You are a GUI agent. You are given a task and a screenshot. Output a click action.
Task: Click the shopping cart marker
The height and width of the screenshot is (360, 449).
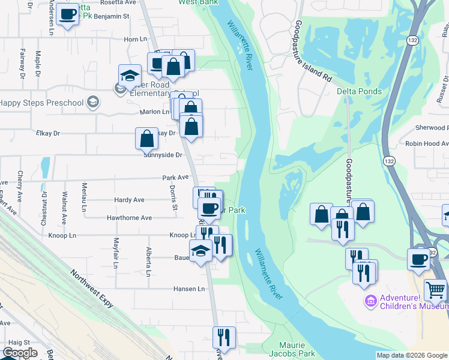pyautogui.click(x=435, y=290)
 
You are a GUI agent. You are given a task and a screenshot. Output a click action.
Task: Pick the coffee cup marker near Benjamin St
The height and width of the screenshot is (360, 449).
pyautogui.click(x=68, y=14)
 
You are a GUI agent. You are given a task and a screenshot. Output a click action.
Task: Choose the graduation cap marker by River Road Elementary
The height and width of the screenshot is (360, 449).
pyautogui.click(x=130, y=76)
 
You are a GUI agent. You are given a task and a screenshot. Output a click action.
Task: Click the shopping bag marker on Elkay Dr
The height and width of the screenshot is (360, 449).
pyautogui.click(x=147, y=139)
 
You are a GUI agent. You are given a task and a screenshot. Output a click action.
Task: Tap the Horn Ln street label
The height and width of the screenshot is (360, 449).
pyautogui.click(x=135, y=39)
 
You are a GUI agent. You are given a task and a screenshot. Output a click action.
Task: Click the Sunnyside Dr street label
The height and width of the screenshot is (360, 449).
pyautogui.click(x=163, y=155)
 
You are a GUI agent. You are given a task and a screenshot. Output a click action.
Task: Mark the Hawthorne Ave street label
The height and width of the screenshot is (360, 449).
pyautogui.click(x=129, y=218)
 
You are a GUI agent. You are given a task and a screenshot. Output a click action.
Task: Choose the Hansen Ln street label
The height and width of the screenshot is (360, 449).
pyautogui.click(x=189, y=289)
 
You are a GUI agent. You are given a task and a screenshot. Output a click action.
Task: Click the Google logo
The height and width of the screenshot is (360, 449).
pyautogui.click(x=20, y=353)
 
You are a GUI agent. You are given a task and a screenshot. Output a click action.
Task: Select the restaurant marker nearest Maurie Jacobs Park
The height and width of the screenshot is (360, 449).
pyautogui.click(x=223, y=337)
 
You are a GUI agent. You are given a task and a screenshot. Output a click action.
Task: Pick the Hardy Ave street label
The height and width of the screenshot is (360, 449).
pyautogui.click(x=129, y=200)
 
